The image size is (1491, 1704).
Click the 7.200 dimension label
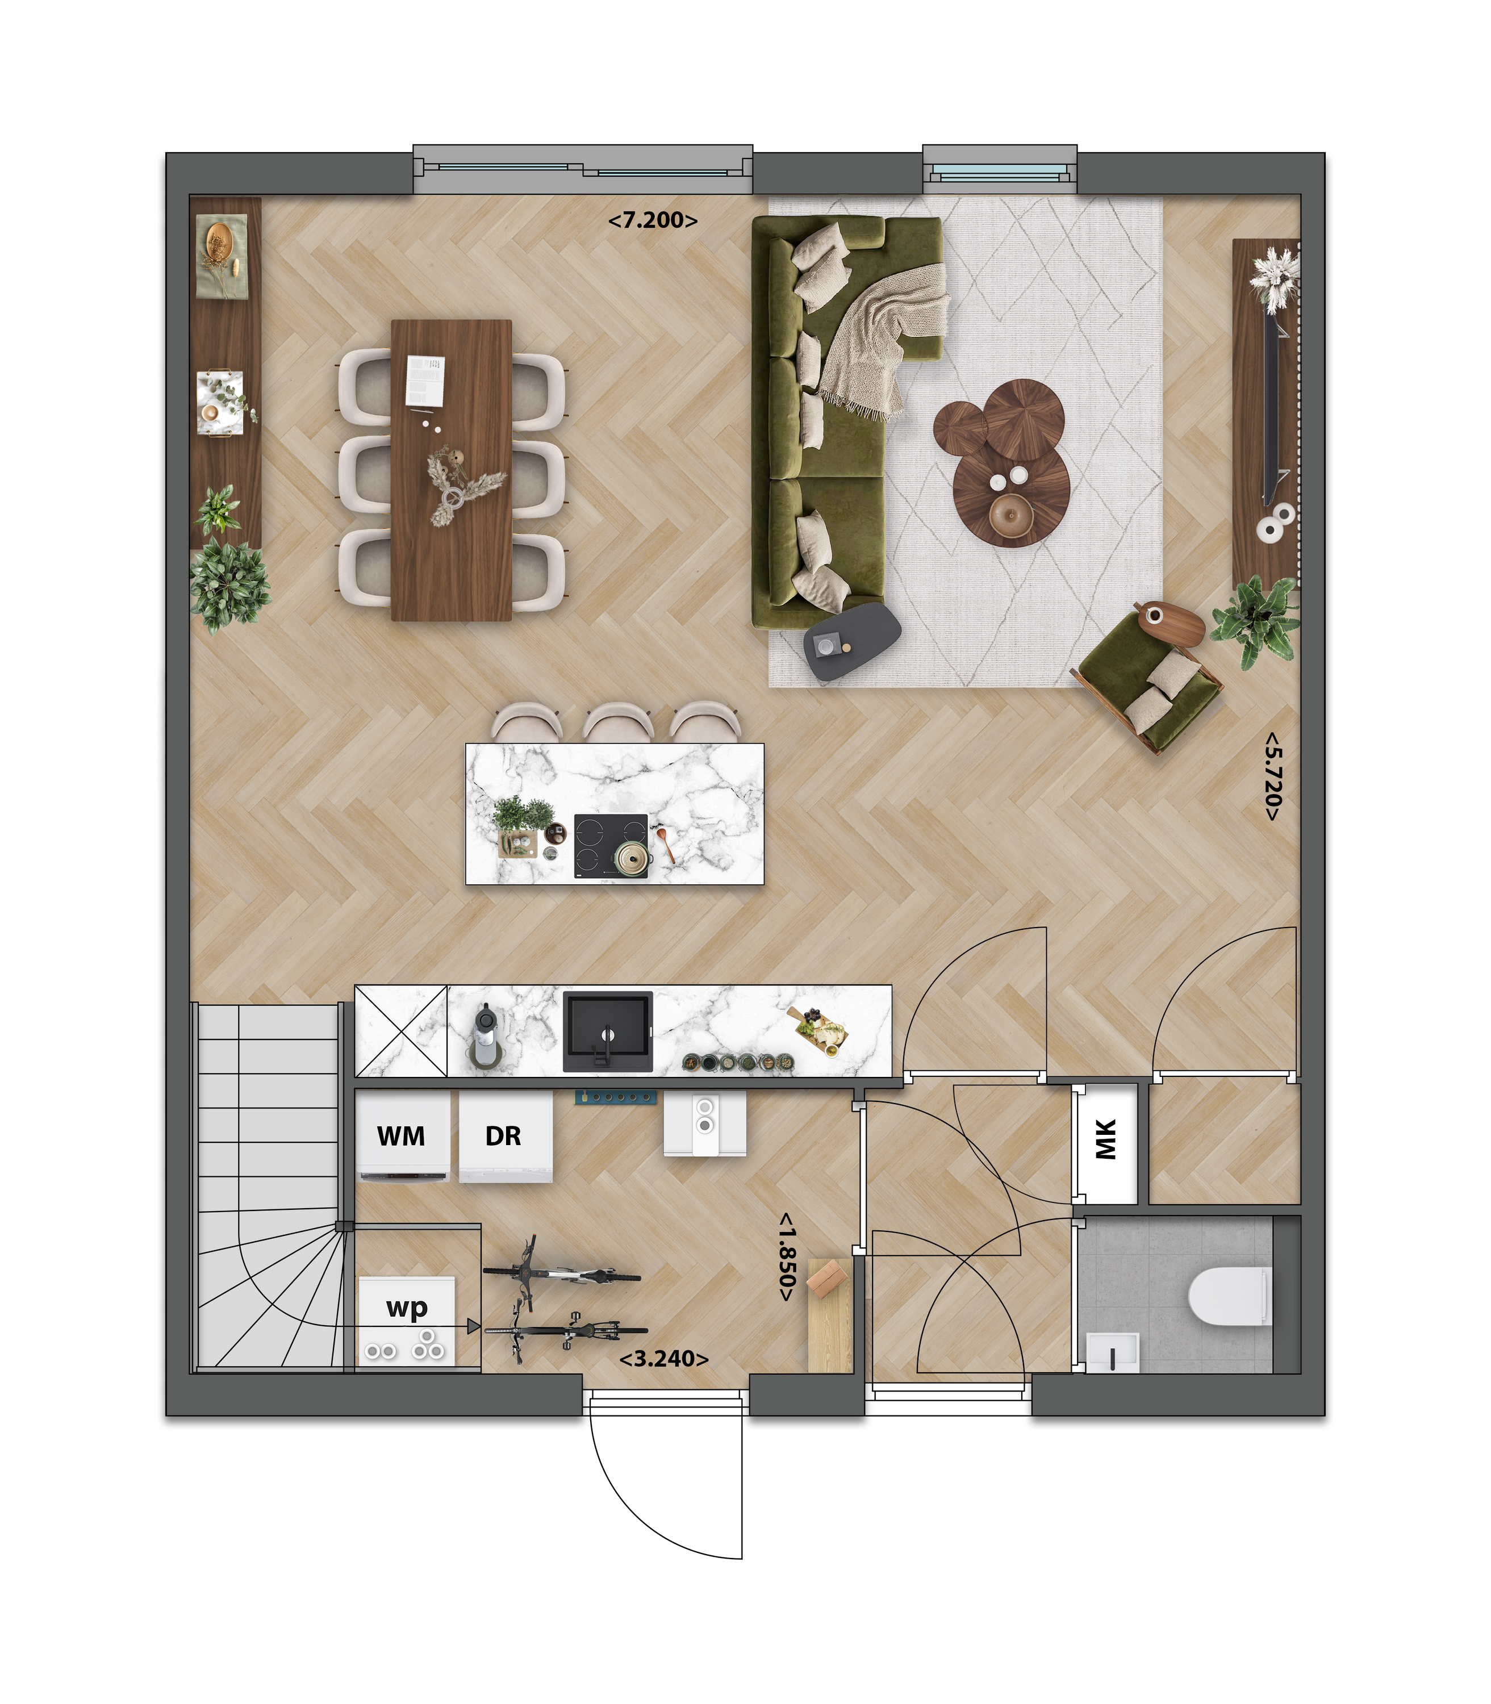(652, 220)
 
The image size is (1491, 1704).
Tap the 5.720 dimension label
(1272, 776)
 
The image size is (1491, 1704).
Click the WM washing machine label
(401, 1136)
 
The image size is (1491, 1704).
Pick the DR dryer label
(503, 1136)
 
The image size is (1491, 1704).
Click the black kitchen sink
(607, 1030)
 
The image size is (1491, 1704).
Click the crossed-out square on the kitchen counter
(401, 1031)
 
